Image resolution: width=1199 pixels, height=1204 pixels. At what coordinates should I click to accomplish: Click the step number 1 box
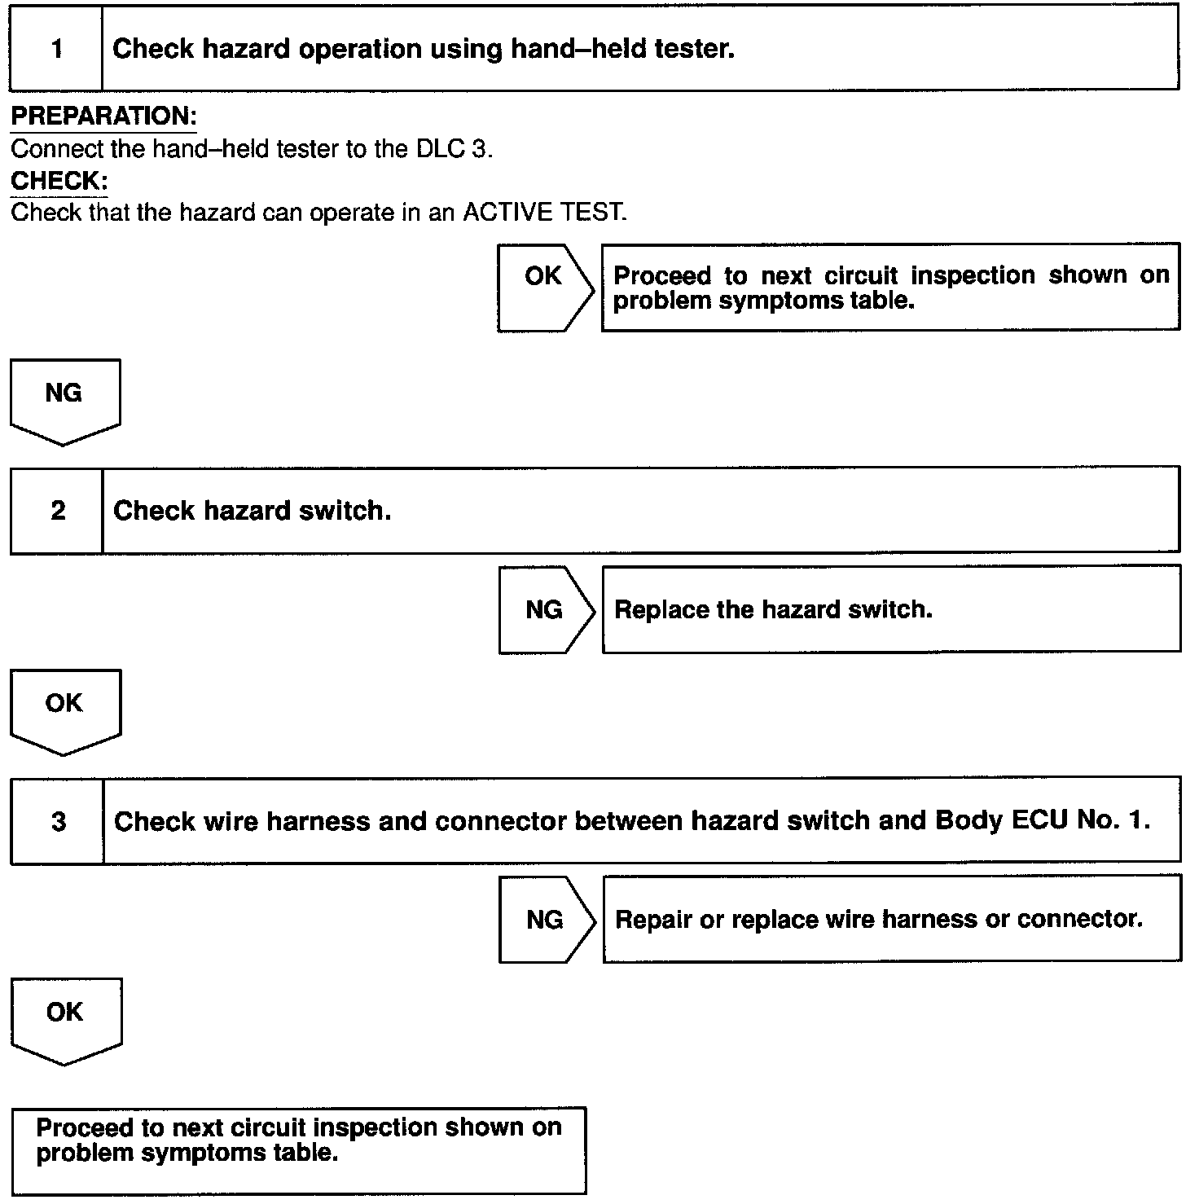(56, 49)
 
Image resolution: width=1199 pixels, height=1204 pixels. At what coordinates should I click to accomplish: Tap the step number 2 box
(57, 511)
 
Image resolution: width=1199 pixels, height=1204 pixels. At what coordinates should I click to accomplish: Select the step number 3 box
(58, 821)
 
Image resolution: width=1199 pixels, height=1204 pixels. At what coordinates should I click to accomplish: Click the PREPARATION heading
(103, 116)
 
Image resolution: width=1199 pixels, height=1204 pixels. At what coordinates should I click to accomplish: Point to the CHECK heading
(59, 181)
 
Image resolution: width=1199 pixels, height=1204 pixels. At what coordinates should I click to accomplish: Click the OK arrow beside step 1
(545, 287)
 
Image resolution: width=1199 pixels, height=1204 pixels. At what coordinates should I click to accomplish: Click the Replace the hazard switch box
(891, 609)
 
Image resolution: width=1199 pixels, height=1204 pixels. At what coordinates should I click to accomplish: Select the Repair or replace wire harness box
(891, 920)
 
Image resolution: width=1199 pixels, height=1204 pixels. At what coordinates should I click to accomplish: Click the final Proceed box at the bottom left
(298, 1150)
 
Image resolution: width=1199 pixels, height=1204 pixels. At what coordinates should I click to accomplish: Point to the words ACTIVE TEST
(543, 213)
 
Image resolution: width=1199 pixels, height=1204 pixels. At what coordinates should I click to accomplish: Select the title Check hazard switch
(253, 511)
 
